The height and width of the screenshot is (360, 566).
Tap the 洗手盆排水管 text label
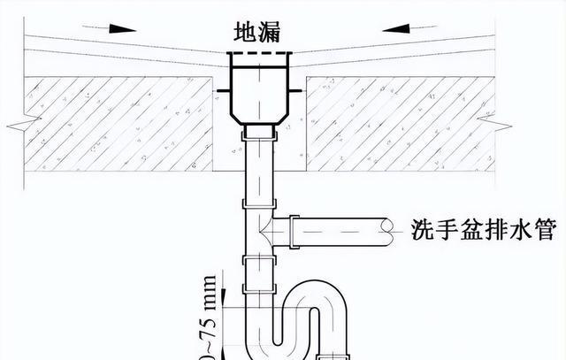[x=483, y=232]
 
